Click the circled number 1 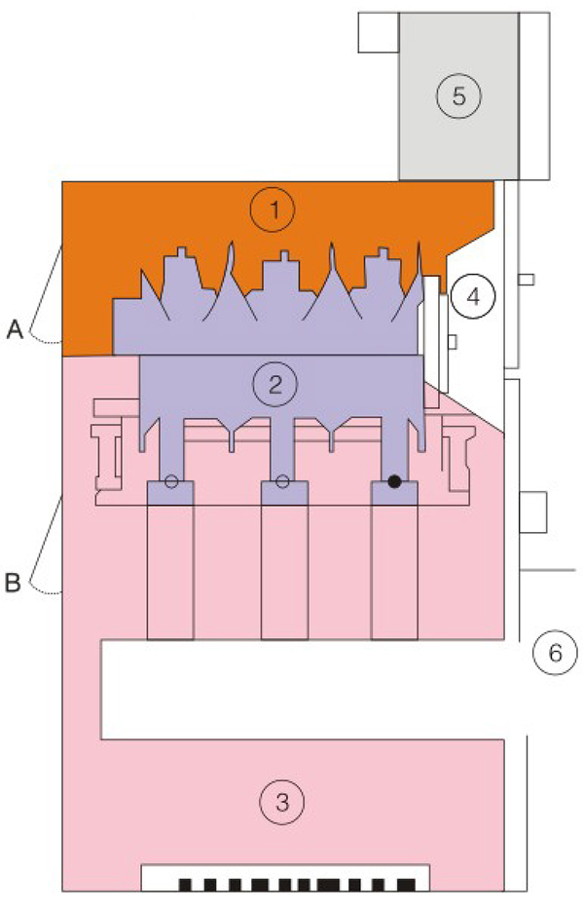(273, 209)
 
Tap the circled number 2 (275, 384)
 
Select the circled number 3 (282, 803)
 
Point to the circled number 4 (473, 297)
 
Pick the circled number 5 (458, 95)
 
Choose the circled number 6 (555, 653)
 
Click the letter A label (15, 330)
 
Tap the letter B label (13, 583)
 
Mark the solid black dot (394, 481)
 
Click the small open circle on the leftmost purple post (171, 481)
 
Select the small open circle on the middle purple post (282, 481)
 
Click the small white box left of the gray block (379, 32)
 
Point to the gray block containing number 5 (458, 95)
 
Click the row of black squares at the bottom (297, 885)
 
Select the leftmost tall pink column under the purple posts (170, 572)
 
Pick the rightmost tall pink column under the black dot (394, 572)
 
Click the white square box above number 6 (533, 512)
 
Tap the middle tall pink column (284, 572)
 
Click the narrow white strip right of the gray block (534, 95)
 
